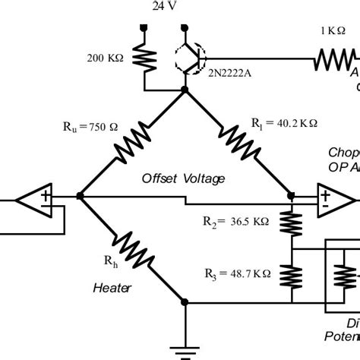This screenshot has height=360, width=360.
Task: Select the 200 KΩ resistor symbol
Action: [x=142, y=57]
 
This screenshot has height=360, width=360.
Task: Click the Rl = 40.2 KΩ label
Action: [x=284, y=122]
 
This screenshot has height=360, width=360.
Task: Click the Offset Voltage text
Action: [x=184, y=178]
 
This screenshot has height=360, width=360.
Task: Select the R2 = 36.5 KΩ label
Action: [x=235, y=223]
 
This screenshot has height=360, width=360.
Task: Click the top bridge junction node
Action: [x=185, y=90]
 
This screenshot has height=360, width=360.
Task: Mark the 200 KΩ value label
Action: [x=106, y=58]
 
